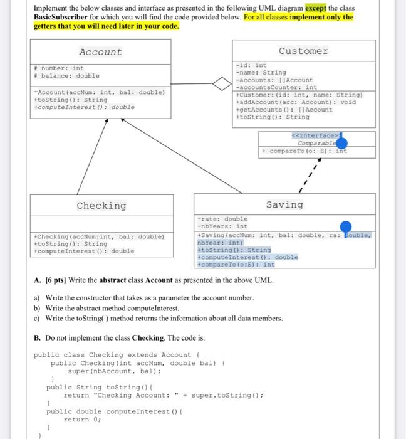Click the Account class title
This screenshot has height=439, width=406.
[x=100, y=52]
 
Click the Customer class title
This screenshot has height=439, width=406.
[x=303, y=51]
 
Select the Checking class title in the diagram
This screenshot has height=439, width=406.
[x=101, y=206]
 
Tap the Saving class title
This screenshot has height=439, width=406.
[x=284, y=204]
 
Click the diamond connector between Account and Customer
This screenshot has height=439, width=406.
[x=220, y=83]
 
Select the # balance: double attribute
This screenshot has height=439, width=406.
[x=67, y=76]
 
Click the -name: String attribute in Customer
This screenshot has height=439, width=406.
[x=261, y=73]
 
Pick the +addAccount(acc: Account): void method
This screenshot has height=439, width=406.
[x=295, y=102]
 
